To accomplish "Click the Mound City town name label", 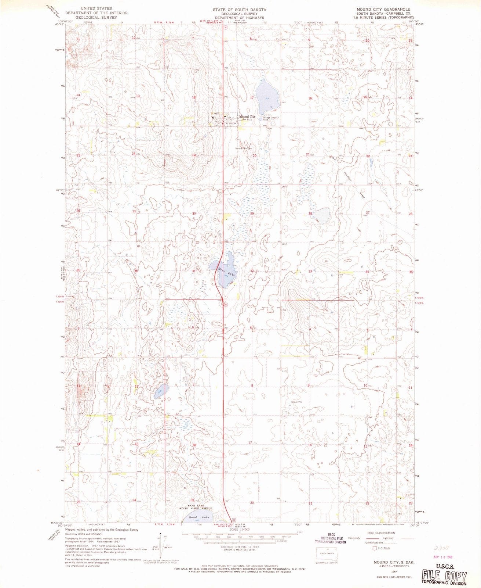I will pos(247,116).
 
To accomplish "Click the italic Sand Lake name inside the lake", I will pos(199,517).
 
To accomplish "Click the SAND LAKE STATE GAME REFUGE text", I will pos(196,507).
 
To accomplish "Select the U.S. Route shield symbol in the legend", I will pos(375,548).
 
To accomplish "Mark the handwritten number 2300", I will pos(440,548).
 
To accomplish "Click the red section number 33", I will pos(310,271).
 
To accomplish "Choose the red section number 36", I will pos(136,271).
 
